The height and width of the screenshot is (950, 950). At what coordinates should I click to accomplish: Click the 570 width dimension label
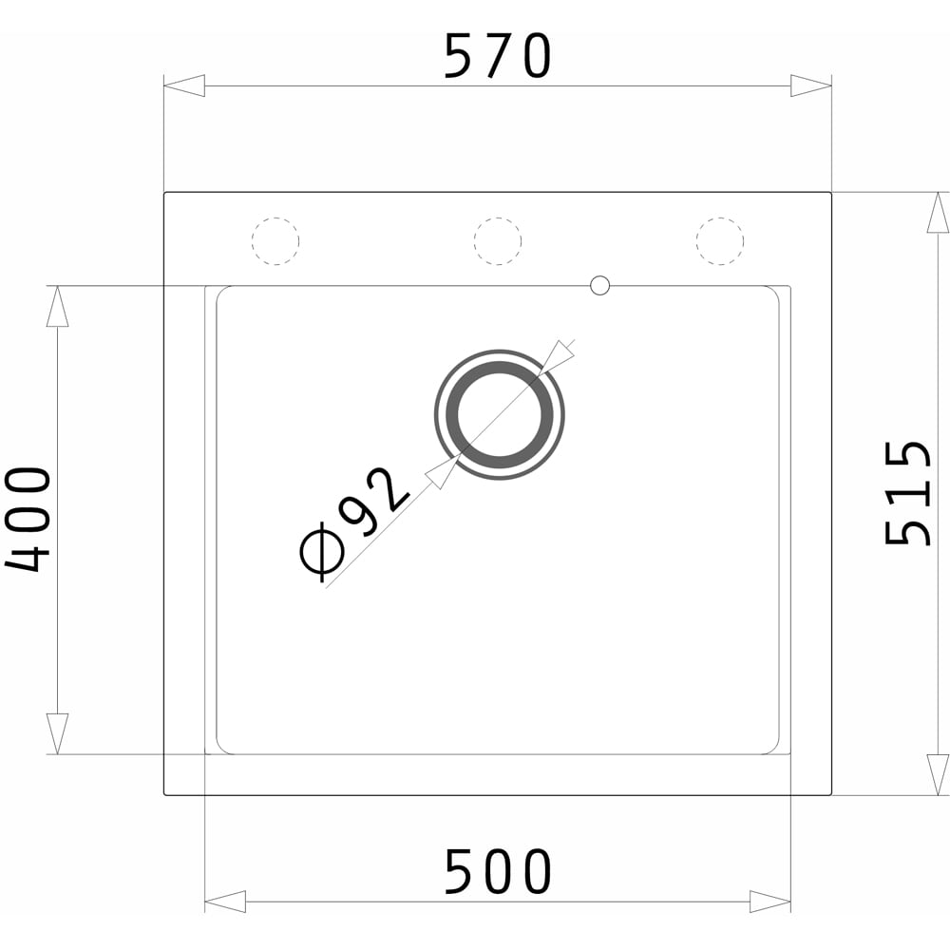[498, 56]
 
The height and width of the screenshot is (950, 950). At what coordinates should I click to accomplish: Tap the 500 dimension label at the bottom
[498, 871]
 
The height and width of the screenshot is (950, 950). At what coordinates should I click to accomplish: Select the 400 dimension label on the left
[28, 520]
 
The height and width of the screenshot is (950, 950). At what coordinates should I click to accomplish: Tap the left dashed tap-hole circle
[275, 241]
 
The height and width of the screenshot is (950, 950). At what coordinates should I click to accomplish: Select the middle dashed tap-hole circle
[498, 241]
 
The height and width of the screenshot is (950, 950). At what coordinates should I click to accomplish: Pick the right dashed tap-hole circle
[720, 241]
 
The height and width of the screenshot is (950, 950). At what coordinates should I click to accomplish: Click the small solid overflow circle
[599, 285]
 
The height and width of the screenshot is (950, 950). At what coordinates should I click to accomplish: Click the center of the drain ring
[500, 415]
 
